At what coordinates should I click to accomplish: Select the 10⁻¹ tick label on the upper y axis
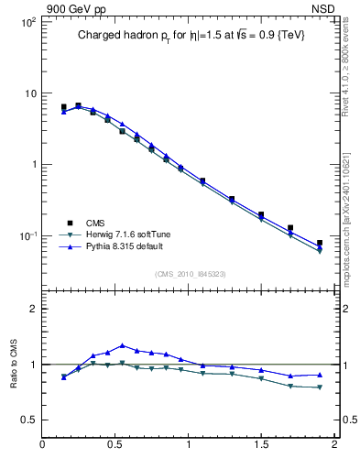(27, 236)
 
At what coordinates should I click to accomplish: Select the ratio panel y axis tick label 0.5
(29, 420)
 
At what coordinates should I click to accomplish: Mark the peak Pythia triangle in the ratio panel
(123, 345)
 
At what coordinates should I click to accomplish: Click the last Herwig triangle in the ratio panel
(320, 387)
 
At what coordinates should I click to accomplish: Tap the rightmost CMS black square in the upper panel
(320, 243)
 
